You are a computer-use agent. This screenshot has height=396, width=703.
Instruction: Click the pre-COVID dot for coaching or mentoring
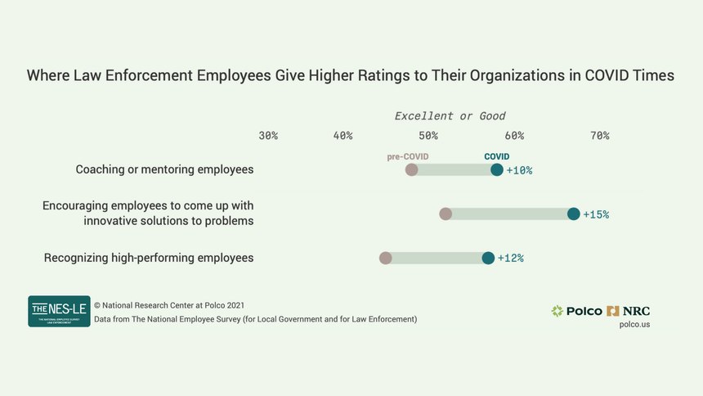pyautogui.click(x=412, y=170)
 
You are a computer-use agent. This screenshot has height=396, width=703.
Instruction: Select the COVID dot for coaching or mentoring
pyautogui.click(x=497, y=170)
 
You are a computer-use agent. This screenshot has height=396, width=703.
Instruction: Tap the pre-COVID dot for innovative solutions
pyautogui.click(x=446, y=214)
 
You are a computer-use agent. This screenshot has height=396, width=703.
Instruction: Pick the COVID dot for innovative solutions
pyautogui.click(x=573, y=214)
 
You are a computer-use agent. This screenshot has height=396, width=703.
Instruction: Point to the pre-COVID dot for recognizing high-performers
pyautogui.click(x=386, y=259)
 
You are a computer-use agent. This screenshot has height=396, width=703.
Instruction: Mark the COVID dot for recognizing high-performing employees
pyautogui.click(x=488, y=259)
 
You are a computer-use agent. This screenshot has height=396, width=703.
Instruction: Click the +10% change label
pyautogui.click(x=520, y=171)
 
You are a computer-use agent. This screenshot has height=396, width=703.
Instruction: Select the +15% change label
pyautogui.click(x=596, y=215)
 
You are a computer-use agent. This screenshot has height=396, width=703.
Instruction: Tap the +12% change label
pyautogui.click(x=511, y=259)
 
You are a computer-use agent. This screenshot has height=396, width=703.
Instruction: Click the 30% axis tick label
pyautogui.click(x=268, y=136)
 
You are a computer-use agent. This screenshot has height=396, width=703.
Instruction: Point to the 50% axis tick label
pyautogui.click(x=428, y=136)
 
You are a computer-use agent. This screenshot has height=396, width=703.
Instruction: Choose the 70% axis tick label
pyautogui.click(x=599, y=136)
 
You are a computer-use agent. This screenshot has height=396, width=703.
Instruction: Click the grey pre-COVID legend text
pyautogui.click(x=408, y=156)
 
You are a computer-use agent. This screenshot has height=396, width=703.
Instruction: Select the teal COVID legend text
pyautogui.click(x=497, y=156)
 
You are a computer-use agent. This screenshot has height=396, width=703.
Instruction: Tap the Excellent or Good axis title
pyautogui.click(x=450, y=116)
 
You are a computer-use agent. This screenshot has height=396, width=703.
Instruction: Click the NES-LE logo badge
pyautogui.click(x=59, y=311)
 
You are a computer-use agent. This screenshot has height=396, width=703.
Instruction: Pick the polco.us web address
pyautogui.click(x=634, y=325)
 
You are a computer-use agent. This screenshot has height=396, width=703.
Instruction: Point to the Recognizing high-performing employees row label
pyautogui.click(x=149, y=258)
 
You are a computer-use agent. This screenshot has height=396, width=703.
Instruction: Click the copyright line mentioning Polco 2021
pyautogui.click(x=169, y=304)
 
